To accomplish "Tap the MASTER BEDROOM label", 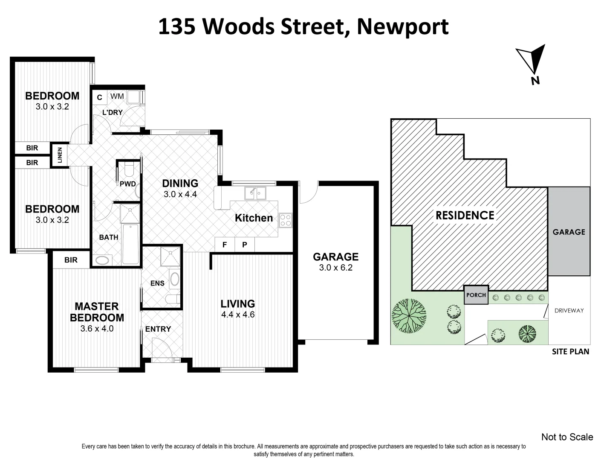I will (x=97, y=312).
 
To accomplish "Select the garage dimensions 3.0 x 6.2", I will (x=335, y=268).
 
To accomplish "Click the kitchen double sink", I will (x=255, y=193).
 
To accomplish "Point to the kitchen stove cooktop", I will (x=285, y=220).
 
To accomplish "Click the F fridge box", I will (x=224, y=245).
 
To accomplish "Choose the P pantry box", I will (x=245, y=245).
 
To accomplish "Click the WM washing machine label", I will (x=117, y=96).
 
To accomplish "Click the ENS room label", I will (x=157, y=283).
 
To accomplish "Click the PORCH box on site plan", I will (x=476, y=295).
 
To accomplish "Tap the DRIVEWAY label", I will (x=569, y=310).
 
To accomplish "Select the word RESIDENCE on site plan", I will (x=465, y=215).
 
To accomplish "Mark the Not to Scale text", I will (x=567, y=437).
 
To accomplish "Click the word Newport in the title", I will (x=402, y=26).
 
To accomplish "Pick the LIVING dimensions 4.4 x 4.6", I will (x=237, y=315).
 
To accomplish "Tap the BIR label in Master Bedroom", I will (x=71, y=260).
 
